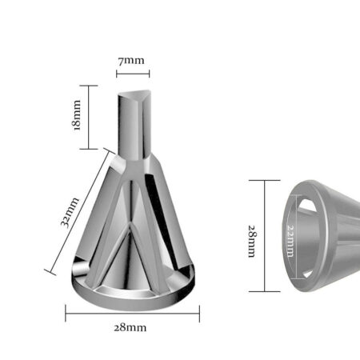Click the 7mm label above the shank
(x=131, y=61)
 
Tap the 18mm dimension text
(x=77, y=115)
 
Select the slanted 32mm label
(x=70, y=212)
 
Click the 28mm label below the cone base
(x=130, y=327)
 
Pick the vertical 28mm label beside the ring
(x=252, y=242)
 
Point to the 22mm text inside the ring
(x=290, y=241)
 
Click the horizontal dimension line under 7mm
(x=133, y=74)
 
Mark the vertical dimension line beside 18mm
(x=89, y=118)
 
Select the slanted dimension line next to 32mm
(x=79, y=212)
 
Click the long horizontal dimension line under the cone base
(x=133, y=314)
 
